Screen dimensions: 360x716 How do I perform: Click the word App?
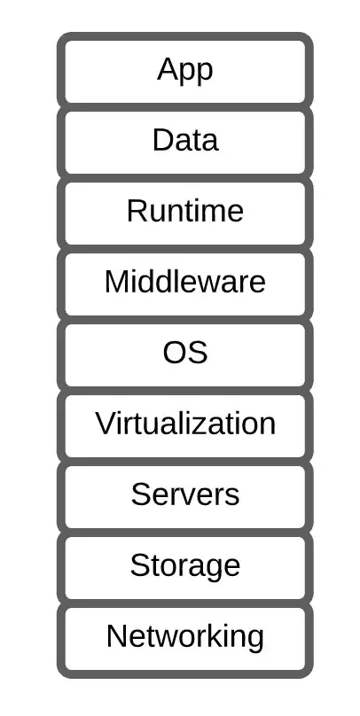(185, 71)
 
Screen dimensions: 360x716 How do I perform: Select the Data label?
(185, 140)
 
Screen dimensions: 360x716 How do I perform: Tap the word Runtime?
(185, 211)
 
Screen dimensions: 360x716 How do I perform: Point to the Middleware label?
(185, 281)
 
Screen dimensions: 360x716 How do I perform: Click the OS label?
(185, 352)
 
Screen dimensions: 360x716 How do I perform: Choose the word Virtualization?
(185, 423)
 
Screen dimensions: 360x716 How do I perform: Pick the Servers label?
(185, 494)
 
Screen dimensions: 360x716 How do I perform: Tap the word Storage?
(185, 566)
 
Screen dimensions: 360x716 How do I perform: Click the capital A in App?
(167, 69)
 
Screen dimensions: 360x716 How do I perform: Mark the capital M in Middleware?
(116, 281)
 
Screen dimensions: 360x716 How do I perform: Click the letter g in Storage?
(214, 569)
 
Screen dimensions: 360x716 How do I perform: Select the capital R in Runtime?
(137, 211)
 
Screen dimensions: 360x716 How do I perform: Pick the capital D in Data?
(162, 140)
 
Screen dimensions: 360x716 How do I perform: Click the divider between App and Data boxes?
(185, 107)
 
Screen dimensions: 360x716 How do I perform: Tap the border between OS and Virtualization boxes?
(185, 391)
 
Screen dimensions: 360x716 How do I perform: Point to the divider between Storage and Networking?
(185, 603)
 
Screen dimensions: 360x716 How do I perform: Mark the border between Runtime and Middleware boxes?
(185, 248)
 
